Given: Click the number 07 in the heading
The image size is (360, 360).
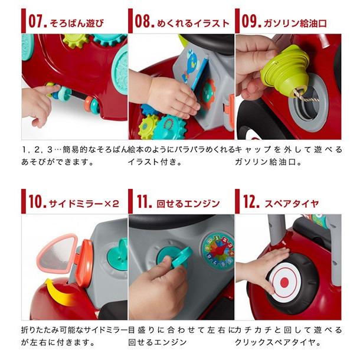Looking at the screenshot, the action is (36, 21).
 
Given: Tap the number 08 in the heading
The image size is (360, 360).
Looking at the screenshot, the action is (143, 21).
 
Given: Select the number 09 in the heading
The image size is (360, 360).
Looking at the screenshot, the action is (250, 21).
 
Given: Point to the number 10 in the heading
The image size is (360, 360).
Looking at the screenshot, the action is (36, 201).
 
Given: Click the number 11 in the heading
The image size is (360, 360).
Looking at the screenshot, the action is (143, 201).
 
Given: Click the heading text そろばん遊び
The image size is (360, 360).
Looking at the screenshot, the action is (77, 23).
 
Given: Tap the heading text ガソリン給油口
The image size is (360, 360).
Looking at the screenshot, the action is (295, 23).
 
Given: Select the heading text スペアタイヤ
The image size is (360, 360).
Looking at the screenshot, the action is (292, 204).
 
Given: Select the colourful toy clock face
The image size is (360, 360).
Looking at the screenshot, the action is (218, 251).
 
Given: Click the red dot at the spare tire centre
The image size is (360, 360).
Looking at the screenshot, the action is (284, 283).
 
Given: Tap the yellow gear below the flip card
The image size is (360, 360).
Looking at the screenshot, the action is (148, 126).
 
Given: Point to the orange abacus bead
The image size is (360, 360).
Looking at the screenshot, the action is (89, 104).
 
